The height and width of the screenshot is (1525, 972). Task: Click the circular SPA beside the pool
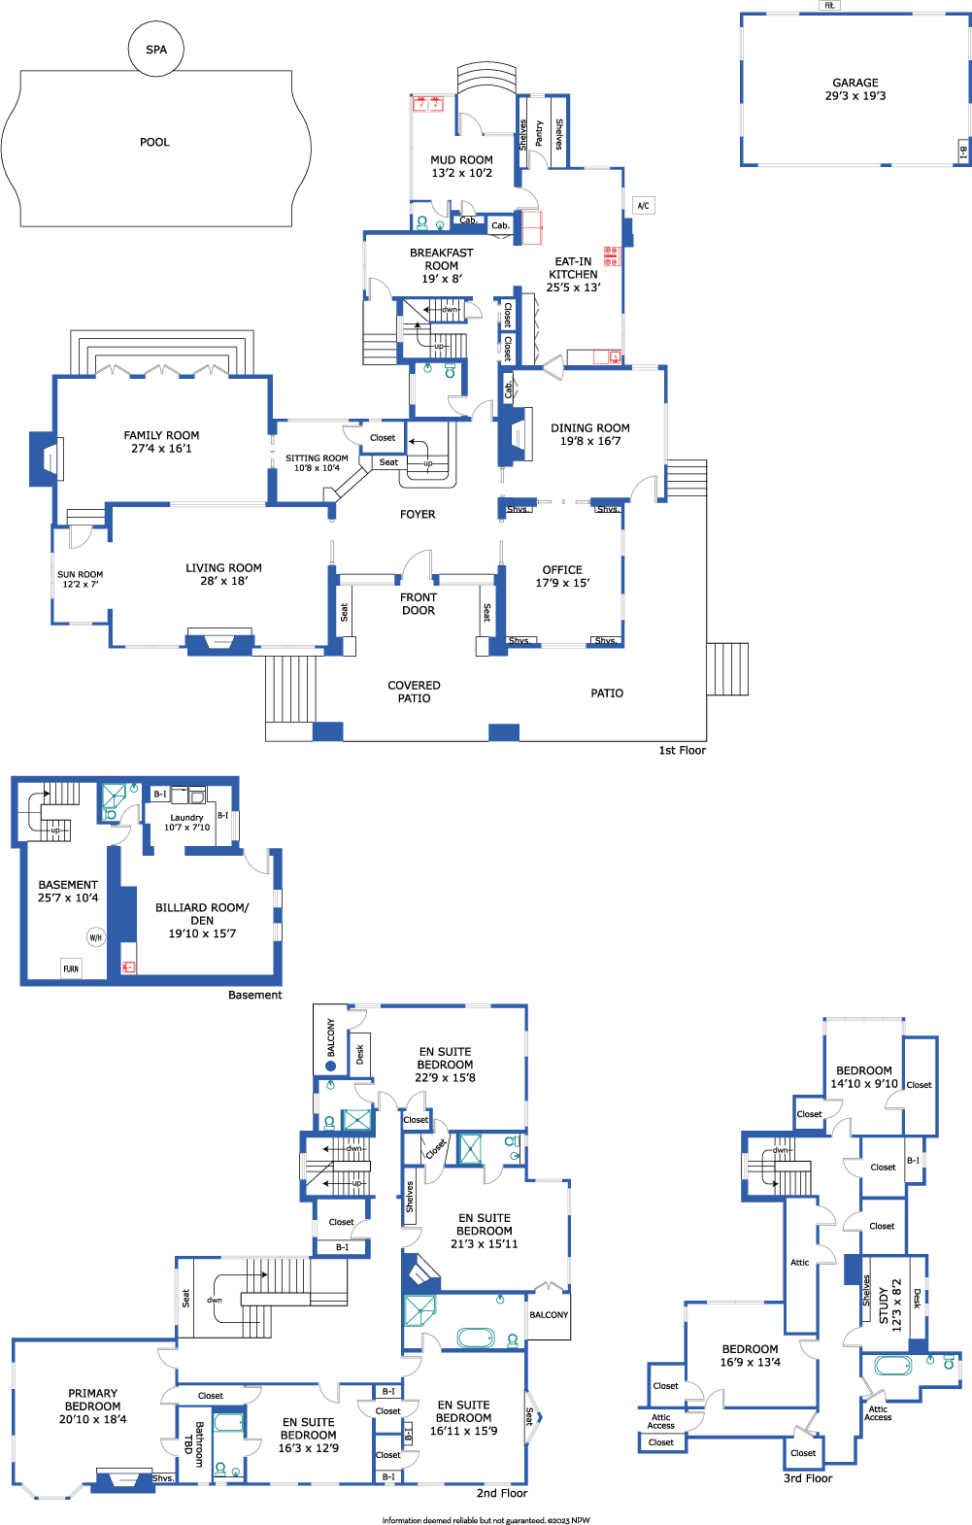[x=156, y=49]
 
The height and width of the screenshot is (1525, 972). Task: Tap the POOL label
[x=154, y=142]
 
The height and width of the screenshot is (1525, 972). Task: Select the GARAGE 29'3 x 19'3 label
[x=855, y=89]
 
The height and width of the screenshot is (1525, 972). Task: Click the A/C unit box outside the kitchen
[x=643, y=206]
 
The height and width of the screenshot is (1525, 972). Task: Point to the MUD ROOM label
[x=461, y=160]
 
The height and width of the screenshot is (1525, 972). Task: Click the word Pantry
[x=539, y=133]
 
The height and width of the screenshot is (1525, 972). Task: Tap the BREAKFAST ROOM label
[x=442, y=258]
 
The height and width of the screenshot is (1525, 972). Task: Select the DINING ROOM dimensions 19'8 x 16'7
[x=590, y=441]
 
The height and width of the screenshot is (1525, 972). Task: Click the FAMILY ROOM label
[x=161, y=435]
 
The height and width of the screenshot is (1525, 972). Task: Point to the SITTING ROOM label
[x=317, y=458]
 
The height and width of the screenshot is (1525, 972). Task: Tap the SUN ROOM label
[x=81, y=574]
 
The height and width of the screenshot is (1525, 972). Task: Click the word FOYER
[x=418, y=515]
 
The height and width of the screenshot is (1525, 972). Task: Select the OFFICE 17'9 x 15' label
[x=562, y=576]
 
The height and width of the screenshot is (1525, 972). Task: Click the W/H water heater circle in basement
[x=96, y=937]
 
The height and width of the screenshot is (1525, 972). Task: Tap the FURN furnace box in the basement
[x=71, y=968]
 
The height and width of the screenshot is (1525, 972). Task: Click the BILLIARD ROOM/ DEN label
[x=202, y=914]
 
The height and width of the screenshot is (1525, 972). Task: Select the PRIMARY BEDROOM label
[x=92, y=1400]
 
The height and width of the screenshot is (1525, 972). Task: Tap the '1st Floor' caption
[x=682, y=750]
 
